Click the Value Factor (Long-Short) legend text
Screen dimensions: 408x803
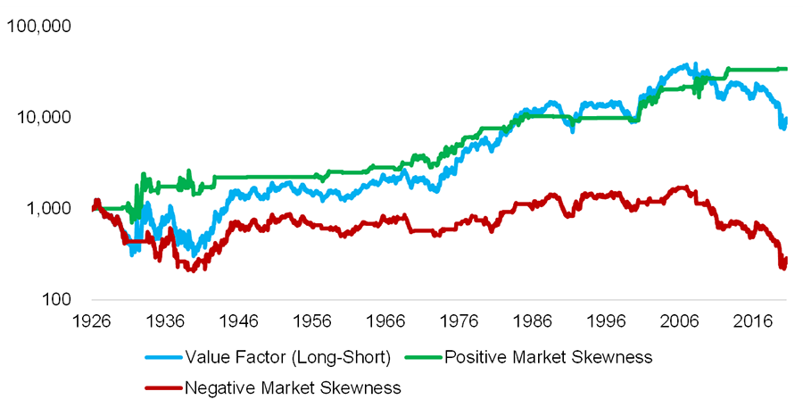[x=287, y=358]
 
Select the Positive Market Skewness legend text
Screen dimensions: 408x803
[x=549, y=358]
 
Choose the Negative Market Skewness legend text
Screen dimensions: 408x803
[x=293, y=387]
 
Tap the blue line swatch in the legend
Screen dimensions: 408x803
[x=163, y=358]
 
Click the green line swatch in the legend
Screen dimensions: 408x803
[x=423, y=358]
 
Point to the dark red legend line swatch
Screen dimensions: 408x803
[x=163, y=387]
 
